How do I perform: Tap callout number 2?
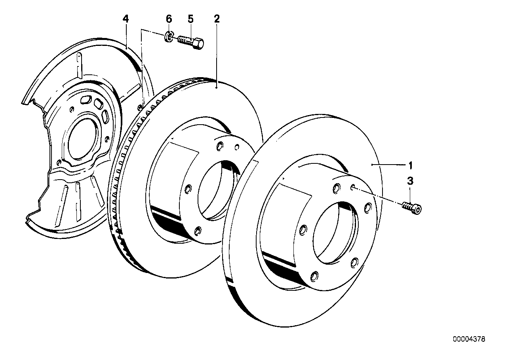click(x=217, y=19)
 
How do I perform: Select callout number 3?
click(x=410, y=182)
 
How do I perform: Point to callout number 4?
click(x=126, y=19)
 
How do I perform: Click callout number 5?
click(x=190, y=19)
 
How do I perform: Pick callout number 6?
click(x=169, y=19)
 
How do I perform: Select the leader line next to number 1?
click(x=392, y=165)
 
